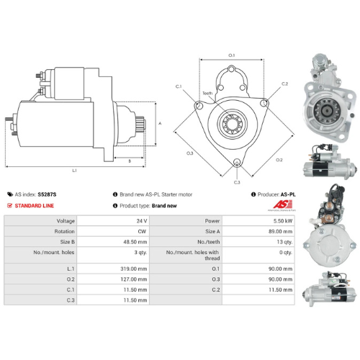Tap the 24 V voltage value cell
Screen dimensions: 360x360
[x=141, y=221]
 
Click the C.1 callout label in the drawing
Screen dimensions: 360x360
[x=179, y=87]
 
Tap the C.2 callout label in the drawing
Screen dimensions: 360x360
[x=284, y=84]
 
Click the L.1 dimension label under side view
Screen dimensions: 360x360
[x=75, y=171]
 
